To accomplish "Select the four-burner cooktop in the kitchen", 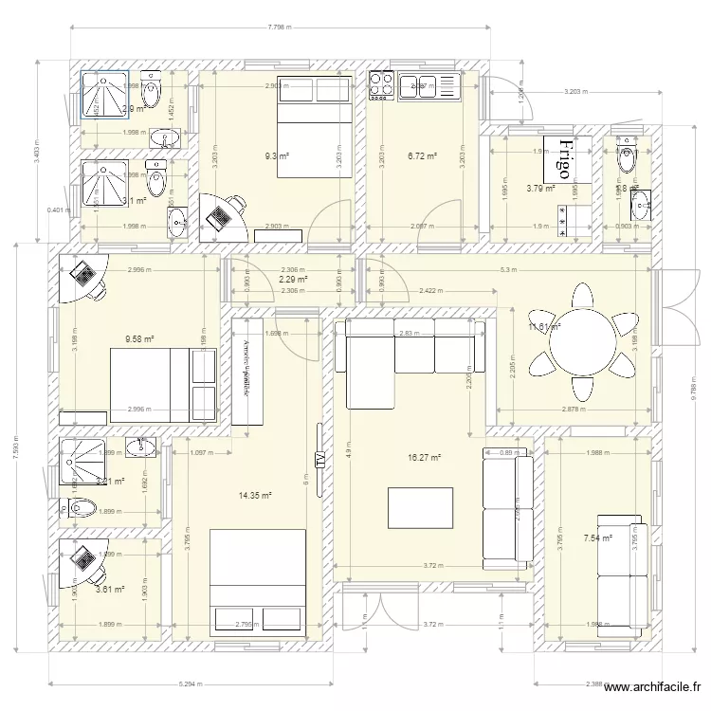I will pyautogui.click(x=381, y=85).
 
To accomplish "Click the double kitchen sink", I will pyautogui.click(x=429, y=86).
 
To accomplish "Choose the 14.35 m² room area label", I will pyautogui.click(x=257, y=495).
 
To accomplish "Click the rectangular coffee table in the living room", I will pyautogui.click(x=420, y=507).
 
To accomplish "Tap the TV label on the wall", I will pyautogui.click(x=319, y=460).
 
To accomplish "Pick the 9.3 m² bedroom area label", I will pyautogui.click(x=277, y=156).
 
